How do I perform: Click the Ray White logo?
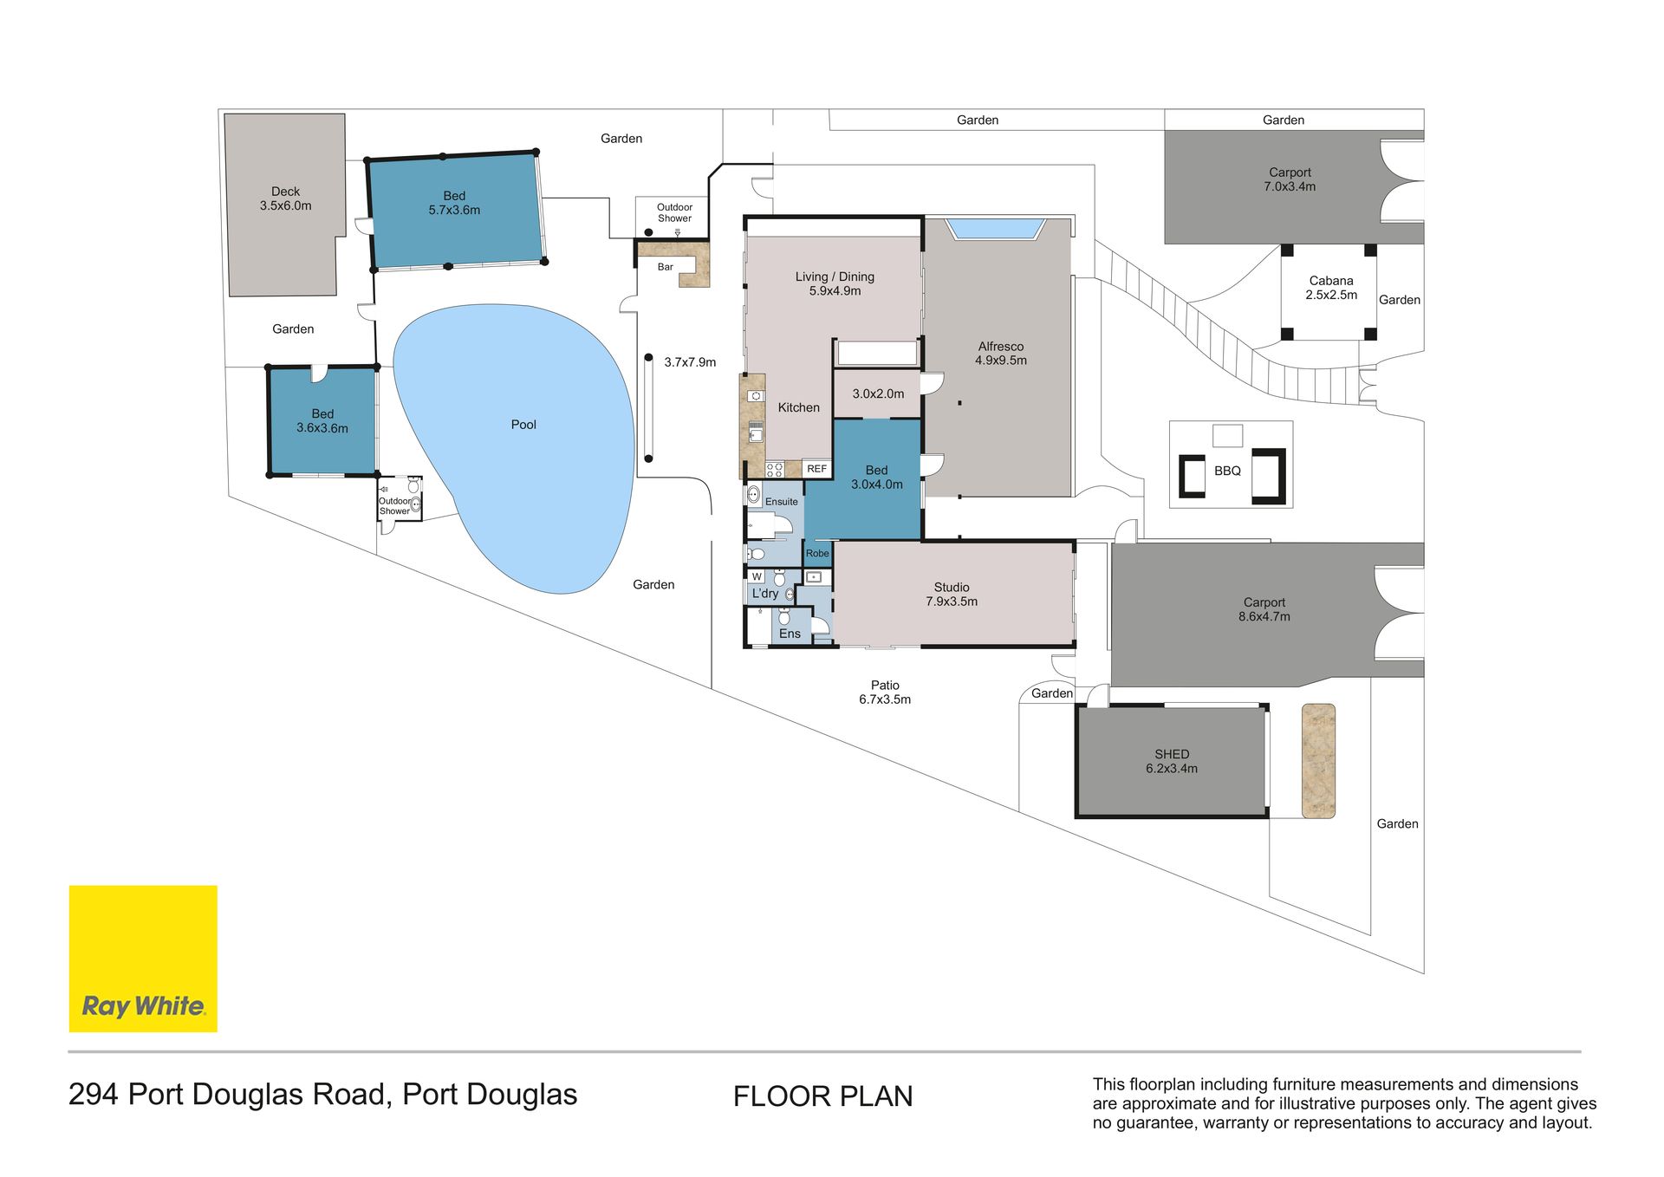(143, 959)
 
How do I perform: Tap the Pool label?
(523, 425)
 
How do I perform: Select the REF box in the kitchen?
(816, 469)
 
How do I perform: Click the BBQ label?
(1227, 471)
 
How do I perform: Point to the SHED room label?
(1172, 761)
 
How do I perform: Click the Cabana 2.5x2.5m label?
(1331, 288)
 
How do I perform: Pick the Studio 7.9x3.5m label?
(952, 595)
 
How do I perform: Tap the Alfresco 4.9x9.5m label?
(1001, 354)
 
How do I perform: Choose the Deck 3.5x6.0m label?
(285, 198)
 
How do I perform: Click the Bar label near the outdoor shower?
(666, 267)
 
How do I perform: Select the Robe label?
(817, 553)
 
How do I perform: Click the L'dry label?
(765, 594)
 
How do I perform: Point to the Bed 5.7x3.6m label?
(454, 203)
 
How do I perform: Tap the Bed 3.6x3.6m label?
(322, 421)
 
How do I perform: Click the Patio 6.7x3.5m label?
(885, 693)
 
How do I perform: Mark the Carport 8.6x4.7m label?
(1264, 609)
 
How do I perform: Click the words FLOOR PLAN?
(823, 1096)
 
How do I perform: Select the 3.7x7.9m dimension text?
(690, 362)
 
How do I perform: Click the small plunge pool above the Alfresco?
(995, 229)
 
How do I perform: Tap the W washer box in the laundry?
(757, 576)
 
